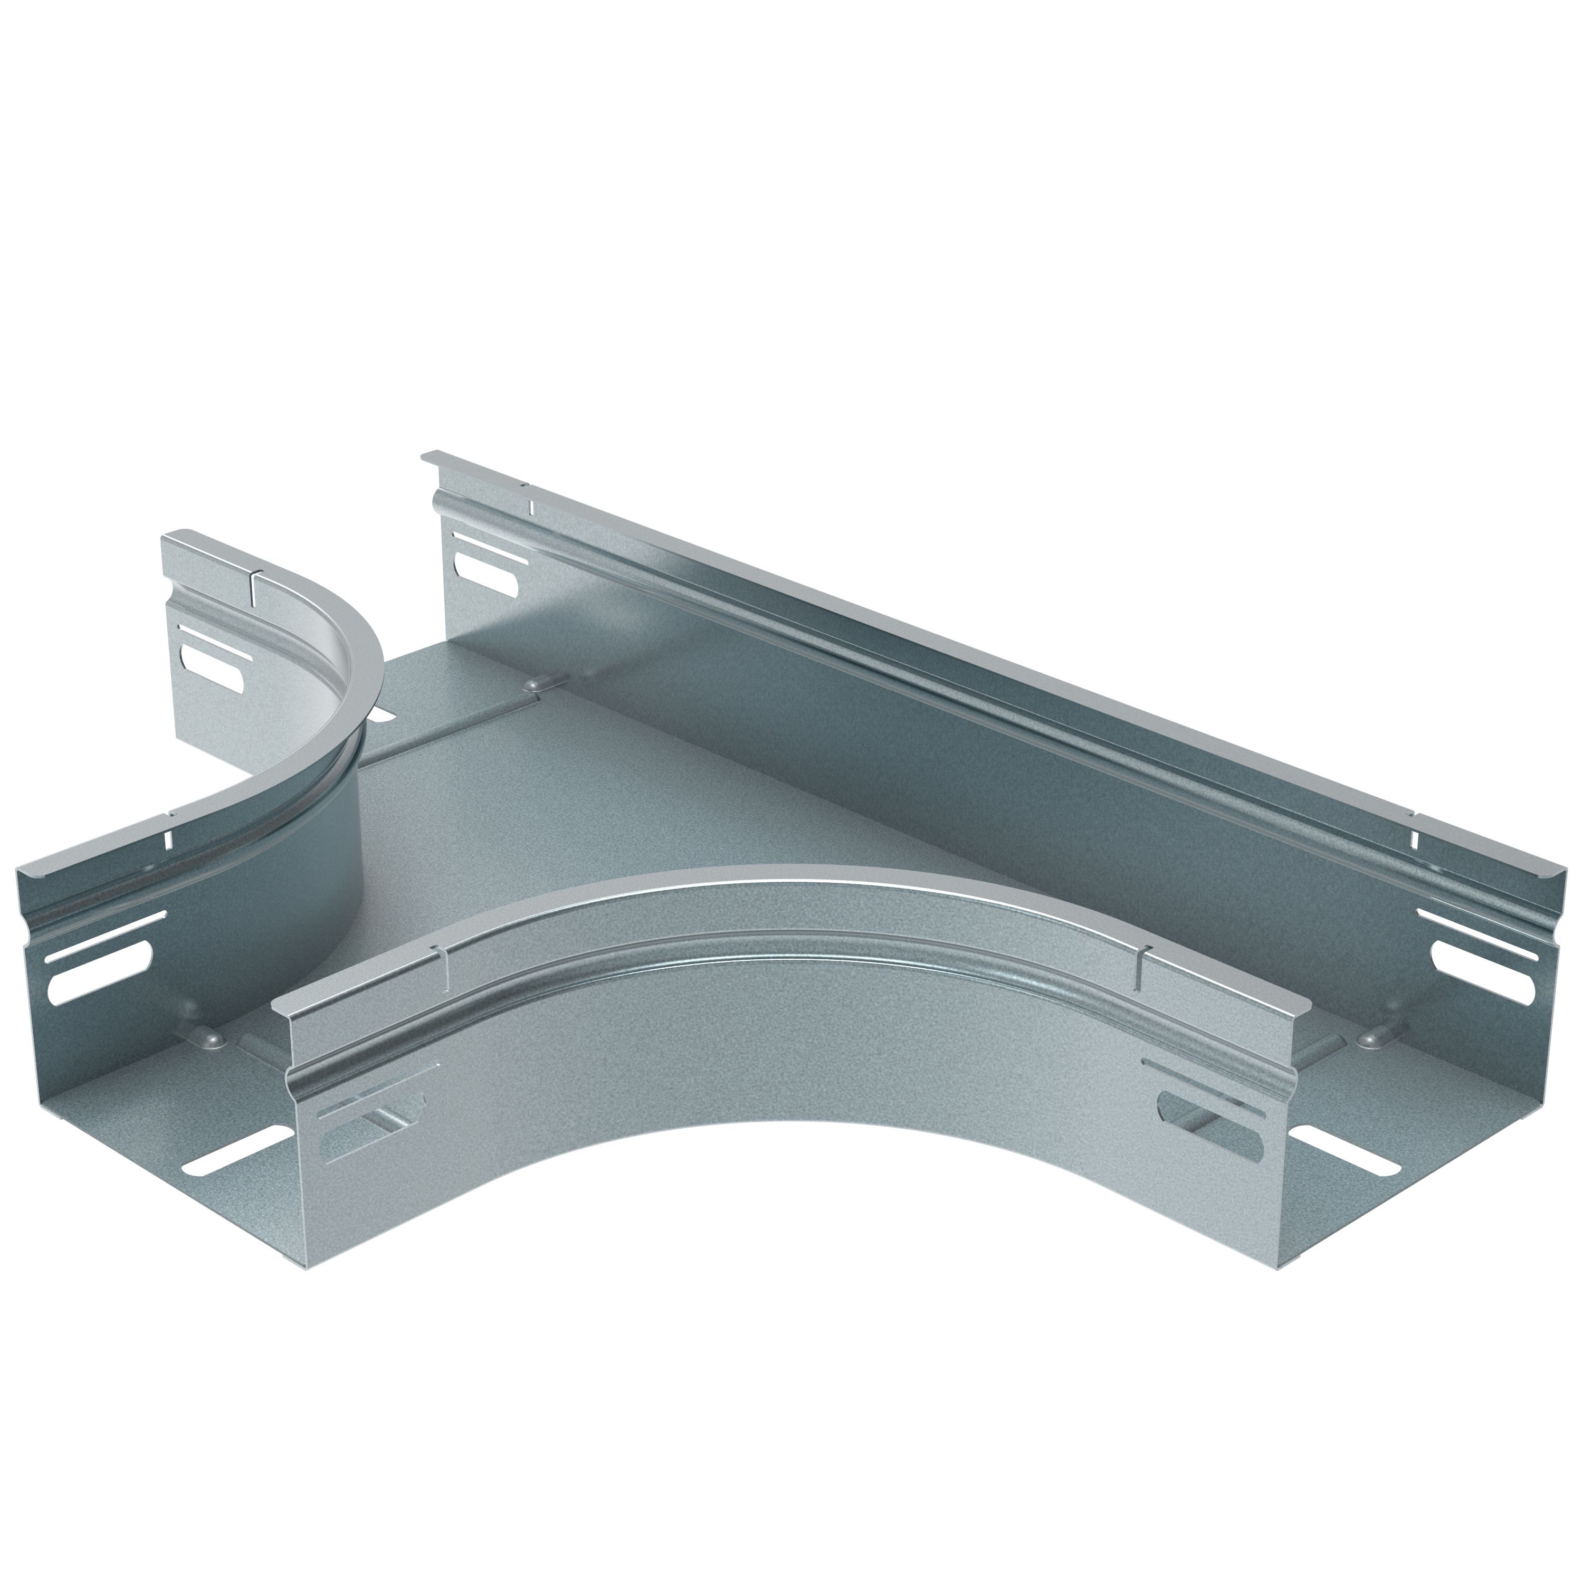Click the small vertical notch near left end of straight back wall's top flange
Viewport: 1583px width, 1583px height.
(x=530, y=508)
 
